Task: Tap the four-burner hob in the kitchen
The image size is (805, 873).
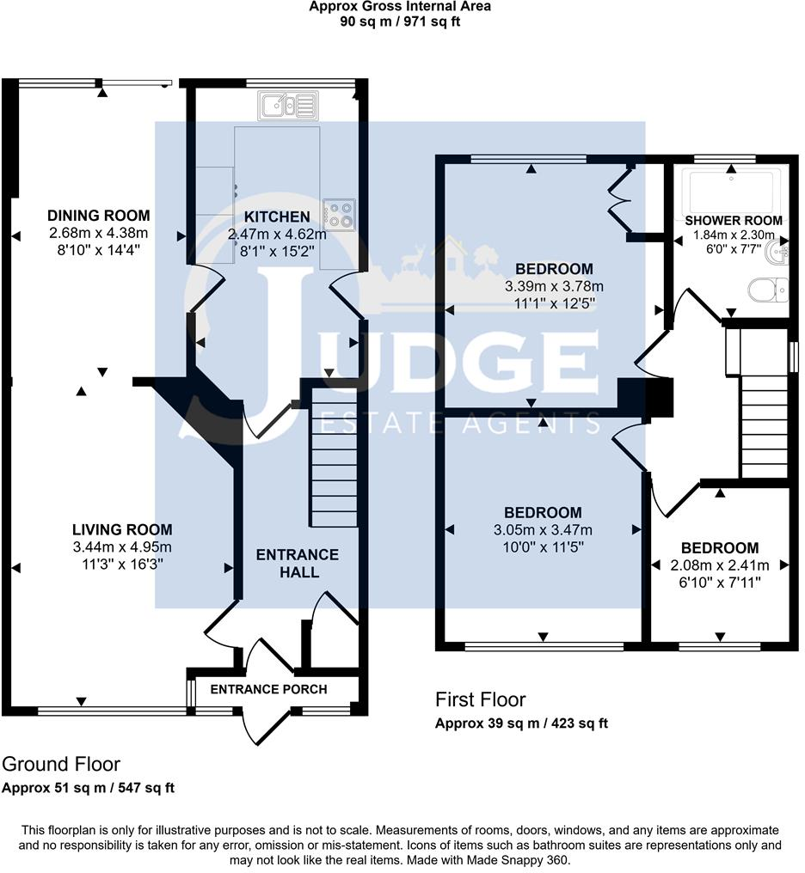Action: pos(338,214)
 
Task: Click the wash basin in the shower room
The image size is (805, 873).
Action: pos(779,253)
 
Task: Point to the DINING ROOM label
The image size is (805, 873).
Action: pos(98,216)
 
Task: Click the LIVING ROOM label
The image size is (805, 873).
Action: pos(122,530)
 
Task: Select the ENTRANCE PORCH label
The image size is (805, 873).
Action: pos(268,689)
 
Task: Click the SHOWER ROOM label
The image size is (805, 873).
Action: pos(734,221)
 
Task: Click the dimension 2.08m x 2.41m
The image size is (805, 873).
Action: pos(719,565)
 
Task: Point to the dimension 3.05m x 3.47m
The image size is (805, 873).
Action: pos(543,530)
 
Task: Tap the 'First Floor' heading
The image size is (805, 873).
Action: pos(480,699)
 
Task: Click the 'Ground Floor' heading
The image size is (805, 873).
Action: pos(62,764)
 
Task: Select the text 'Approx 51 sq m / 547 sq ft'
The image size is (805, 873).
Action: pos(89,788)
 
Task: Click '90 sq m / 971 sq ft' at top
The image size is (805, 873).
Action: pos(401,21)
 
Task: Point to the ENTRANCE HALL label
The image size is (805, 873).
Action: pos(298,563)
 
